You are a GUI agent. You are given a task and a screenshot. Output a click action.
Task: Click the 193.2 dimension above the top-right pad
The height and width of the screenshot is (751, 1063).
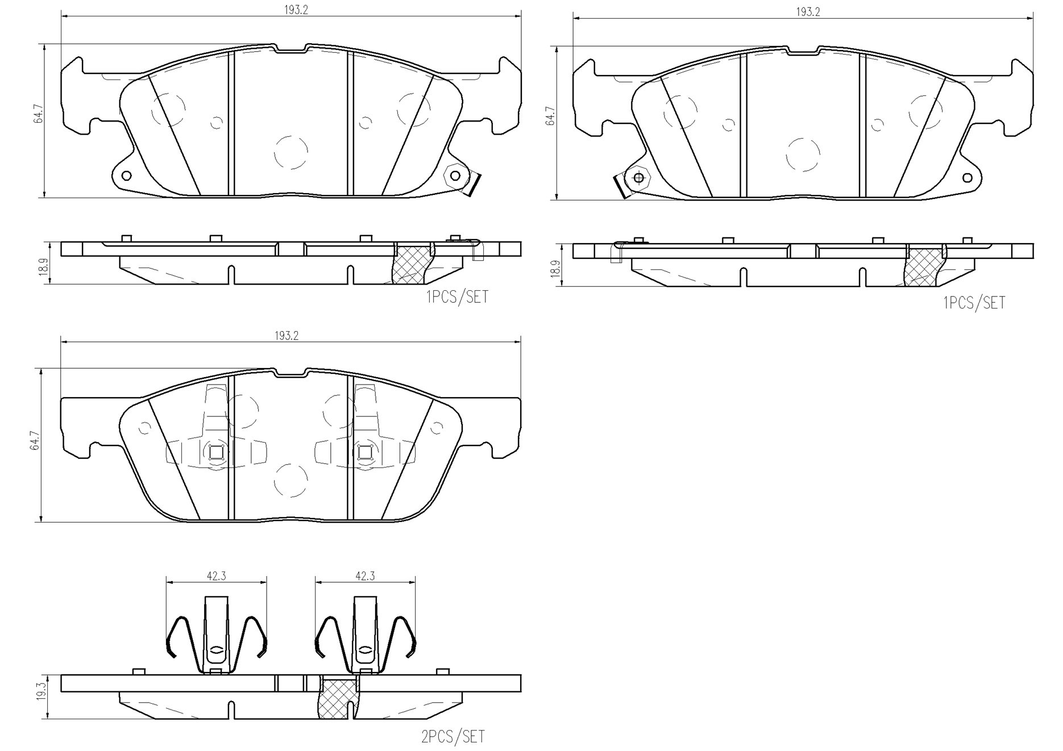pyautogui.click(x=808, y=12)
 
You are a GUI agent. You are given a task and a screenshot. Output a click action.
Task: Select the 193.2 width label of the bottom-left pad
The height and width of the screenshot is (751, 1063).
pyautogui.click(x=286, y=336)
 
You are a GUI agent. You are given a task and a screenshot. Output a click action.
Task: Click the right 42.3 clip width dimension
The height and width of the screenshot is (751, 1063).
pyautogui.click(x=365, y=575)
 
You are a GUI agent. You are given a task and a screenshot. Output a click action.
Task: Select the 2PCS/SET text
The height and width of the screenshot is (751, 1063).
pyautogui.click(x=453, y=737)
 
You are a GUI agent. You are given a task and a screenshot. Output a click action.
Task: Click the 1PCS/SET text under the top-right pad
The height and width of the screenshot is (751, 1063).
pyautogui.click(x=974, y=303)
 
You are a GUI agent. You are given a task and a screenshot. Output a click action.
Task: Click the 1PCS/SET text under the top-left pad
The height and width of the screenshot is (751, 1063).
pyautogui.click(x=456, y=297)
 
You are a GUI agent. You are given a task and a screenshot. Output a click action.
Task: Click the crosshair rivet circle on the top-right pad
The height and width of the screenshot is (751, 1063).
pyautogui.click(x=638, y=178)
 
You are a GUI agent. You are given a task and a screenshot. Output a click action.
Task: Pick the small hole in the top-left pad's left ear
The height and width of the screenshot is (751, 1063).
pyautogui.click(x=126, y=175)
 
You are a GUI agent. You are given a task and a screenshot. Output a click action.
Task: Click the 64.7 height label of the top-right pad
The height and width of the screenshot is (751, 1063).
pyautogui.click(x=549, y=115)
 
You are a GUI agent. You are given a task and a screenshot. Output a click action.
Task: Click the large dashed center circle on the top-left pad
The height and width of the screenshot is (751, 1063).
pyautogui.click(x=291, y=152)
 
